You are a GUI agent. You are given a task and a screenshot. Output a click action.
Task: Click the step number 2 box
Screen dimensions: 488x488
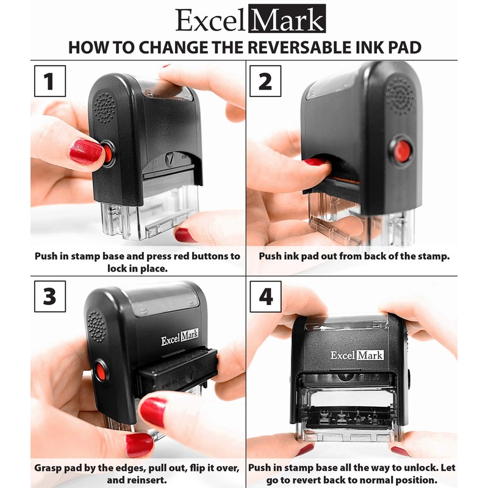265,81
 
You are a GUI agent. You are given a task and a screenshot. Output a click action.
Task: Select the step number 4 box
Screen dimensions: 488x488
265,296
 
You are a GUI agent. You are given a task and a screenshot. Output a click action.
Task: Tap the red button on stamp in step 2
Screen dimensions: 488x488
401,150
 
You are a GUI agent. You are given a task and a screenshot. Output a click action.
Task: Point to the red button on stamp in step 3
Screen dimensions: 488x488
101,371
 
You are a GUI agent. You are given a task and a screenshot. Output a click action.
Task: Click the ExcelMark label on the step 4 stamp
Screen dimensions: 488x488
357,354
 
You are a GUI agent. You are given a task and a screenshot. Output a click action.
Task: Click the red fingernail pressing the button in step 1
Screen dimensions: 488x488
85,152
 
